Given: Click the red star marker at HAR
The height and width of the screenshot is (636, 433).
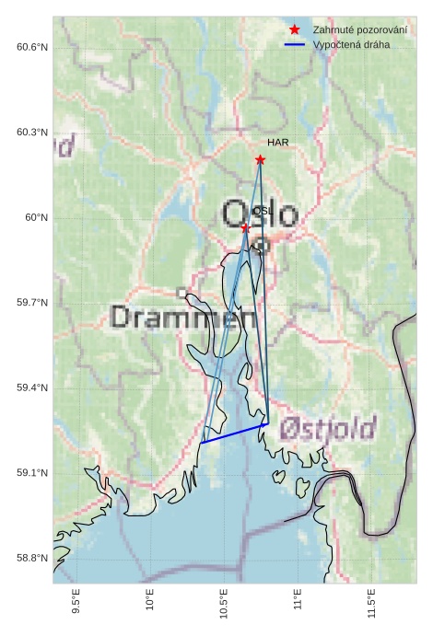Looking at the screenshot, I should [x=261, y=160].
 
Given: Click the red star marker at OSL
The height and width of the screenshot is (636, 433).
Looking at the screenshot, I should [x=245, y=227].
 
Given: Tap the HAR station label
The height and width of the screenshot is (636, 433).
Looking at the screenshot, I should [x=278, y=143].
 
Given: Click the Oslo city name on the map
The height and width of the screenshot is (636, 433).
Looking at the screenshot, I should [x=260, y=215].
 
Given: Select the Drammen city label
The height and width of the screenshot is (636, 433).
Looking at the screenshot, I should [x=182, y=318].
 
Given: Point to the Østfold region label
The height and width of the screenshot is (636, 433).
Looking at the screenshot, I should [x=327, y=428].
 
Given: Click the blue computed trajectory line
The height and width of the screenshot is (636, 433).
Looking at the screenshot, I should [x=234, y=433].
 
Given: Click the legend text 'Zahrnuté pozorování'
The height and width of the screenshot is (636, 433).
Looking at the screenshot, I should [x=359, y=29].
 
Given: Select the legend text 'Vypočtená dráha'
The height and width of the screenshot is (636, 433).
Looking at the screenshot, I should [x=351, y=44].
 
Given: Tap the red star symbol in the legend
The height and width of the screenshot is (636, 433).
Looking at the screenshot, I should [x=295, y=29].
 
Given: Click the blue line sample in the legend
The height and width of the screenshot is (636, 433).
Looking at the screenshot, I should [x=295, y=44].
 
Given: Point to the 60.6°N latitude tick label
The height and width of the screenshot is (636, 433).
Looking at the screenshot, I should [x=32, y=47].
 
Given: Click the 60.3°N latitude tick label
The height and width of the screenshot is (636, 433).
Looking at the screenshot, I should [x=32, y=133].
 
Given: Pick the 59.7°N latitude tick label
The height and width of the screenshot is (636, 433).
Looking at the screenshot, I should [x=32, y=303].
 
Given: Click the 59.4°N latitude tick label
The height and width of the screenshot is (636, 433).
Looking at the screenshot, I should [x=32, y=387].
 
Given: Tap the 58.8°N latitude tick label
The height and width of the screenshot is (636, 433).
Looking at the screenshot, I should [x=32, y=558].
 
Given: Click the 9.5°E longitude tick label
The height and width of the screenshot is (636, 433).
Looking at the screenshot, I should [x=76, y=602].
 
